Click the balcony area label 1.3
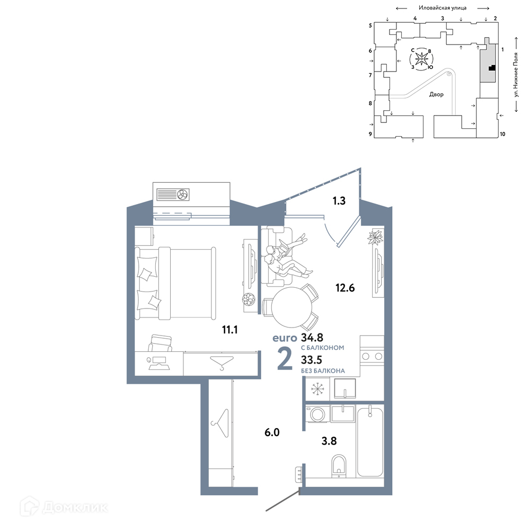coord(339,201)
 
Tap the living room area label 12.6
coord(345,288)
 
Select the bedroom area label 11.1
coord(230,329)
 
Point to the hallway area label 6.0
coord(272,432)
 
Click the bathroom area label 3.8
coord(329,441)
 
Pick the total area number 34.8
coord(312,337)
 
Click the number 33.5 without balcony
coord(312,360)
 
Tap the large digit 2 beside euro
coord(285,359)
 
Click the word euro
coord(285,338)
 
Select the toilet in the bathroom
coord(339,466)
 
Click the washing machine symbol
coord(317,414)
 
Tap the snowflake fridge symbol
coord(317,388)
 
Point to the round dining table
coord(291,307)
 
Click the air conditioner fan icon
coord(182,195)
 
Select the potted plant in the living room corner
coord(375,237)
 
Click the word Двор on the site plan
coord(436,94)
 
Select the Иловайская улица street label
coord(443,7)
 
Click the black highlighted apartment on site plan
coord(492,68)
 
